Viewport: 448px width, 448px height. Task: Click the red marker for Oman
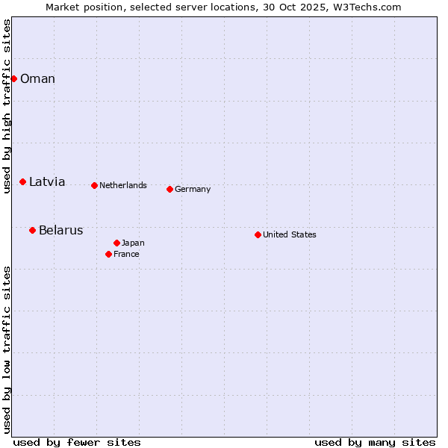click(13, 78)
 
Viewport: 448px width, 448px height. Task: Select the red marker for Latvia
click(23, 181)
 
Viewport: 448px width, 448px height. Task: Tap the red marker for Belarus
click(32, 230)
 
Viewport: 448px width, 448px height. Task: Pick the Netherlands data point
click(94, 185)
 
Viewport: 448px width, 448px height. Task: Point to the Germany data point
click(169, 189)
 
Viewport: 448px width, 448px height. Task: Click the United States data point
click(258, 234)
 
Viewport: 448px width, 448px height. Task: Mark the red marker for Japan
click(116, 243)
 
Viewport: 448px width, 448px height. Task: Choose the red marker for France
click(109, 254)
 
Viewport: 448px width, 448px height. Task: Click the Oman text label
click(37, 79)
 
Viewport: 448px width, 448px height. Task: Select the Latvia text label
click(47, 181)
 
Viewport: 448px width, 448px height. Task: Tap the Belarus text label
click(60, 230)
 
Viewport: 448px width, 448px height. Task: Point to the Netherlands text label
click(123, 185)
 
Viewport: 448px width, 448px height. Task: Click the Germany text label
click(193, 189)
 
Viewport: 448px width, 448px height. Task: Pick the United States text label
click(290, 234)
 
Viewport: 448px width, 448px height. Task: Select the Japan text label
click(133, 243)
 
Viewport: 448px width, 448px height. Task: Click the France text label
click(126, 254)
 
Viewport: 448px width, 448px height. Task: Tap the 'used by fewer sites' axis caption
click(77, 442)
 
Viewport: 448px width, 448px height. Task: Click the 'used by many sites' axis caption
click(375, 442)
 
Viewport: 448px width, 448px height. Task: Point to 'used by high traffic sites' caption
click(7, 106)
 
